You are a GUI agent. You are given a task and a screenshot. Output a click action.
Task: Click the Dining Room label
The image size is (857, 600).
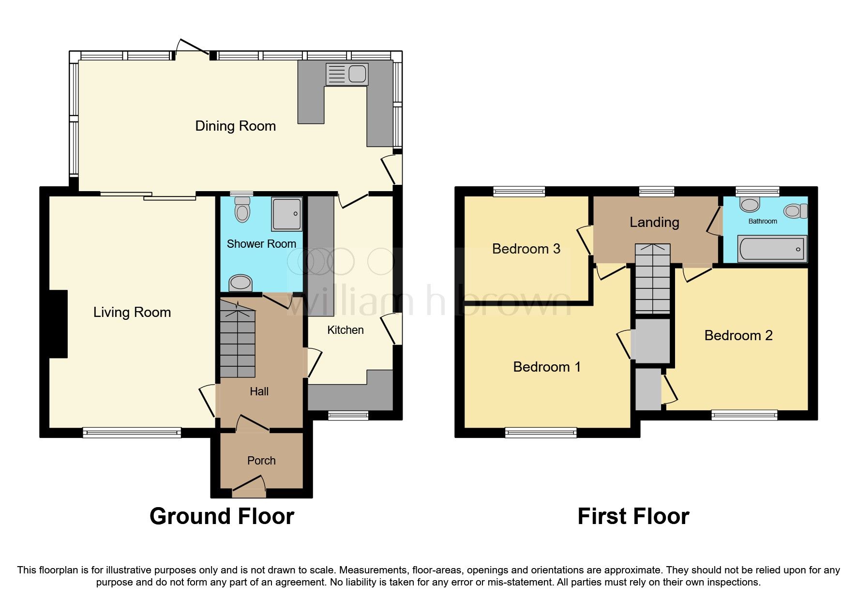tap(235, 126)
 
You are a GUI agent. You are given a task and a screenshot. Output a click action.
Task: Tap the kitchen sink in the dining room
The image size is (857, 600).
tap(347, 74)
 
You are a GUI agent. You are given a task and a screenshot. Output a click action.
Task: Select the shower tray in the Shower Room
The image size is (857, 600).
tap(286, 213)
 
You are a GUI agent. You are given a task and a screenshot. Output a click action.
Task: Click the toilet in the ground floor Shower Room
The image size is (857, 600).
tap(242, 210)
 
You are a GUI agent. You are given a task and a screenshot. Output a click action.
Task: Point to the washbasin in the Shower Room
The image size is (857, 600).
tap(241, 283)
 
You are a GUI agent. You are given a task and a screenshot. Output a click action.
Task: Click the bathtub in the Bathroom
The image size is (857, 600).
tap(772, 249)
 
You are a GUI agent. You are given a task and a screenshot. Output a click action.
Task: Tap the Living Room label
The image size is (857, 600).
tap(132, 312)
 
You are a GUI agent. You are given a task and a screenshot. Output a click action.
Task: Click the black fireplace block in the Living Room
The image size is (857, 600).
tap(58, 324)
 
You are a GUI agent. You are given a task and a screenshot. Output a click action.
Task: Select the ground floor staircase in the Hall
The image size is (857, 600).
tap(238, 338)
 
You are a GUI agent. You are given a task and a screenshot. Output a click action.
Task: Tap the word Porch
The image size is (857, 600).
tap(261, 461)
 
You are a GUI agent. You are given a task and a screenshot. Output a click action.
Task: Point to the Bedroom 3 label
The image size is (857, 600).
tap(526, 249)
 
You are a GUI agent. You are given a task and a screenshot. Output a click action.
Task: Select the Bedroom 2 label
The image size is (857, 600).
tap(738, 335)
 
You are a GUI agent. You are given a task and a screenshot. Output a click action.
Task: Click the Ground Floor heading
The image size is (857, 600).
tap(222, 516)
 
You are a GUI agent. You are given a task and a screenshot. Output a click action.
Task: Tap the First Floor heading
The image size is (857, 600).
tap(633, 516)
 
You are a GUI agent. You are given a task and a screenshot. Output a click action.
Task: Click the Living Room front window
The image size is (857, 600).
tap(132, 433)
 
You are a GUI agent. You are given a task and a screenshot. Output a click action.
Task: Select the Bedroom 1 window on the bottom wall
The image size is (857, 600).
tap(541, 433)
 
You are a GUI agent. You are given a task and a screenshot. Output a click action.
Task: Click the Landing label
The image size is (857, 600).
tap(654, 222)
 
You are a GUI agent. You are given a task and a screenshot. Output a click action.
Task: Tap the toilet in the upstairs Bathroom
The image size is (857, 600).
tap(794, 211)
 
